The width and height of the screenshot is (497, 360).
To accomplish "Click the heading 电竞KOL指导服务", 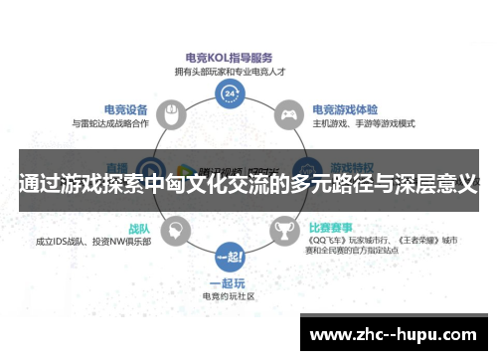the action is [x=231, y=57].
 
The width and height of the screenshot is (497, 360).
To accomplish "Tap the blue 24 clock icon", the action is [x=231, y=94].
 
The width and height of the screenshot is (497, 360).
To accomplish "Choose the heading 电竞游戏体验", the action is [x=345, y=110].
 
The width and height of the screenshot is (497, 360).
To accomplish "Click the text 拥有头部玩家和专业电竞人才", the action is [x=231, y=71].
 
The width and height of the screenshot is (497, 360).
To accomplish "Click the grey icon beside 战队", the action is [x=176, y=230].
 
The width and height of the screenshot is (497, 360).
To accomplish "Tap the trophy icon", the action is [x=285, y=230].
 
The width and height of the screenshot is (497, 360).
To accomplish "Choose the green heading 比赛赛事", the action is [x=333, y=227].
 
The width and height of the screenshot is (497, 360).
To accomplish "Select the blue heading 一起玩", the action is [x=231, y=281].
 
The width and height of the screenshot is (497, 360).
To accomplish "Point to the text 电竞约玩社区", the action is [x=231, y=295].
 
